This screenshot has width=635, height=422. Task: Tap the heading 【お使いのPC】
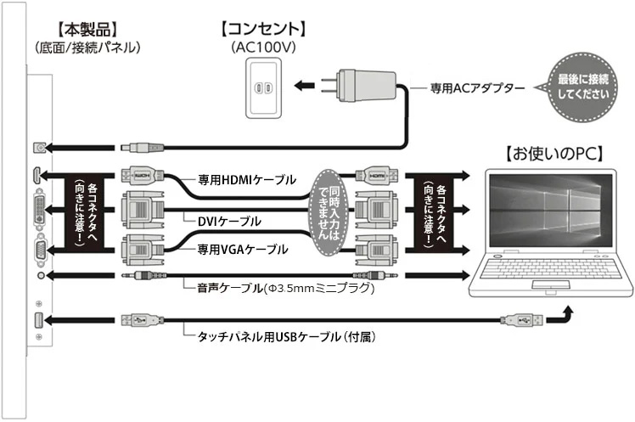[554, 155]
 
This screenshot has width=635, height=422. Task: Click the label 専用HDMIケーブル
[247, 180]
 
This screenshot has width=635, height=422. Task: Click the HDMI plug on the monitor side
[139, 177]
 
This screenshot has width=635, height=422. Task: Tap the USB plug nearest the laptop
[517, 320]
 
